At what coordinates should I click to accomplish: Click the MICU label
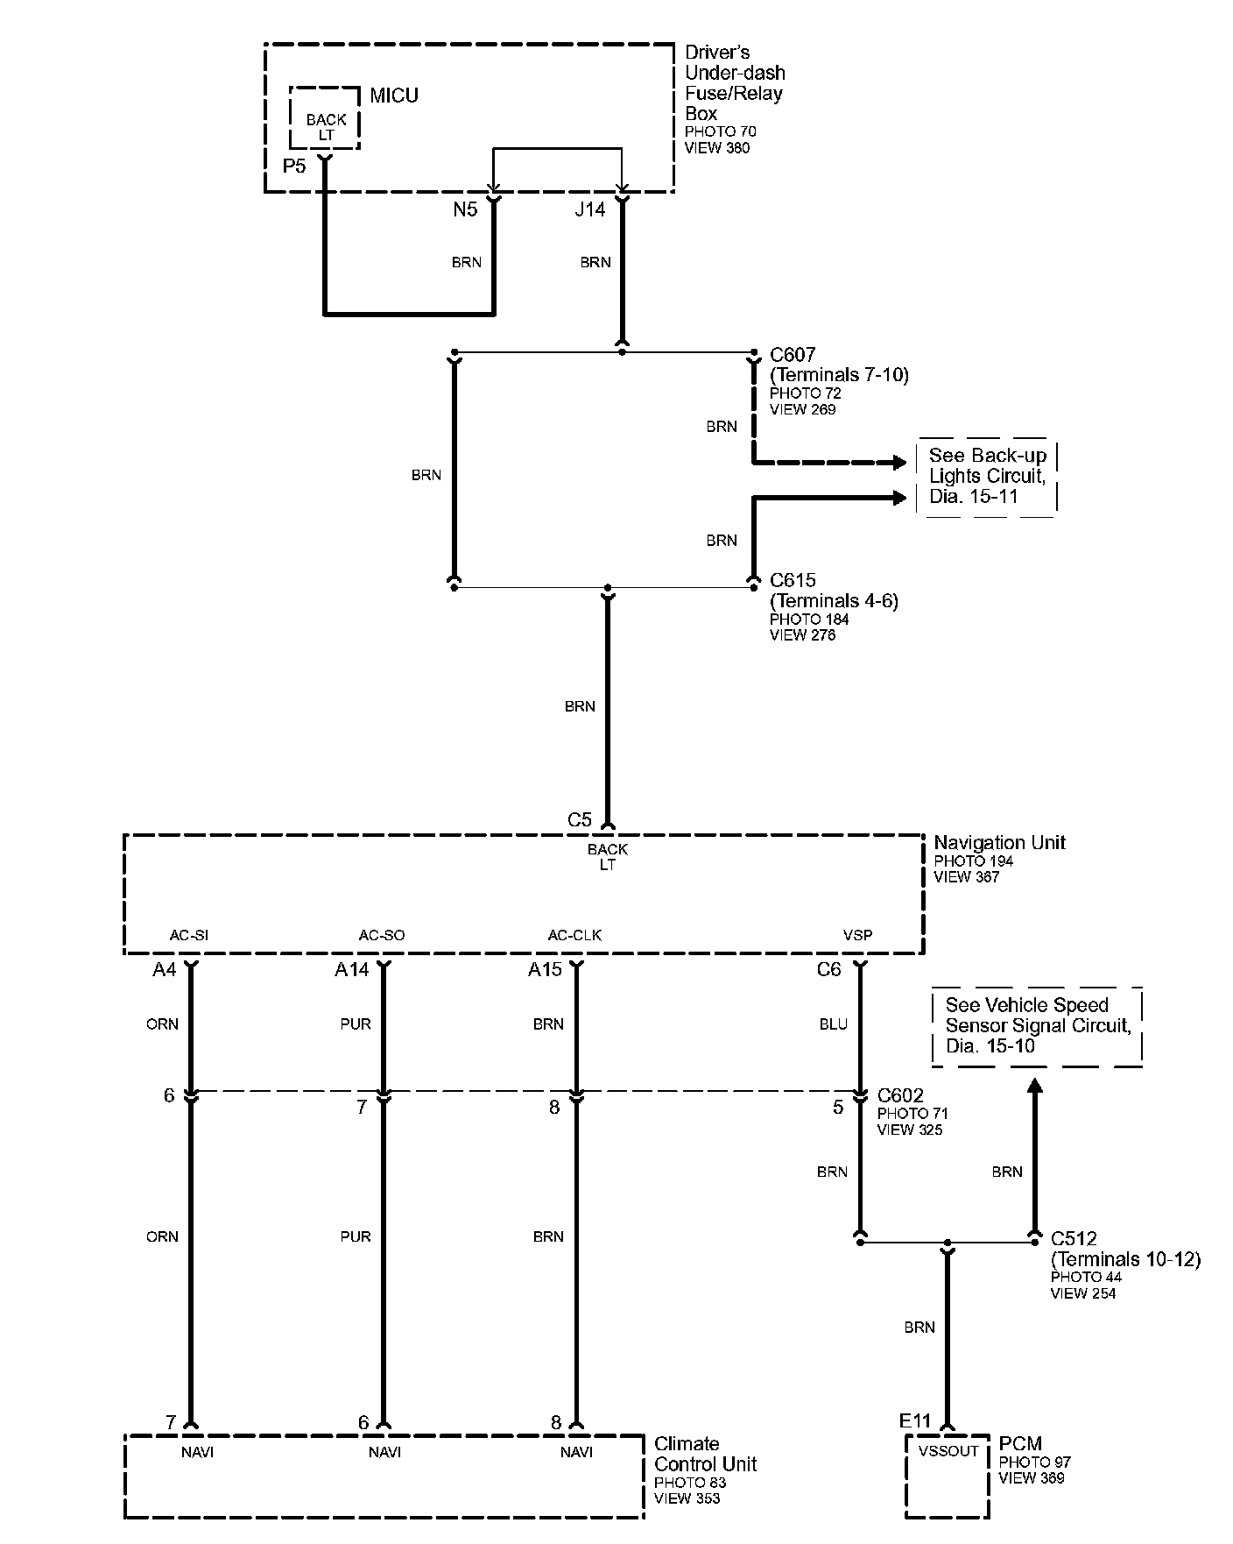(x=393, y=96)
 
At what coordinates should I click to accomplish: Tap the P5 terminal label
(x=294, y=166)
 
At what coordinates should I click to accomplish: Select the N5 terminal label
(x=465, y=210)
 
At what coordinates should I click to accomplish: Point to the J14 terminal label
(x=589, y=210)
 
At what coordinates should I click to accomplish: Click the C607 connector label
(x=793, y=355)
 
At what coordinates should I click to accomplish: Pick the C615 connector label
(x=793, y=580)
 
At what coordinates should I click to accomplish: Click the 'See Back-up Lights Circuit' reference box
(x=987, y=477)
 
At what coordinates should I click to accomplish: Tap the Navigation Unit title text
(x=999, y=843)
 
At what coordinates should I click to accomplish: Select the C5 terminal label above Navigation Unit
(x=580, y=820)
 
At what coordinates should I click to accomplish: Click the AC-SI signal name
(x=189, y=935)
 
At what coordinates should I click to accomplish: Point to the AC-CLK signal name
(x=574, y=935)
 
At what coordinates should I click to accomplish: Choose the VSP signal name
(x=857, y=935)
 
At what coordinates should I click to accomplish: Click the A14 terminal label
(x=352, y=970)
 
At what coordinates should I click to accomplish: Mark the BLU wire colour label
(x=833, y=1024)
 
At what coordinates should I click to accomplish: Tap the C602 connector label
(x=900, y=1096)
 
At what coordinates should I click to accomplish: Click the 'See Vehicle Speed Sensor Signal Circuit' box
(x=1037, y=1026)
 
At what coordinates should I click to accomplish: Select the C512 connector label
(x=1074, y=1239)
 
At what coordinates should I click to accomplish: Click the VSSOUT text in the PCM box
(x=948, y=1451)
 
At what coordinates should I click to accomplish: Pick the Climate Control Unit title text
(x=705, y=1454)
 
